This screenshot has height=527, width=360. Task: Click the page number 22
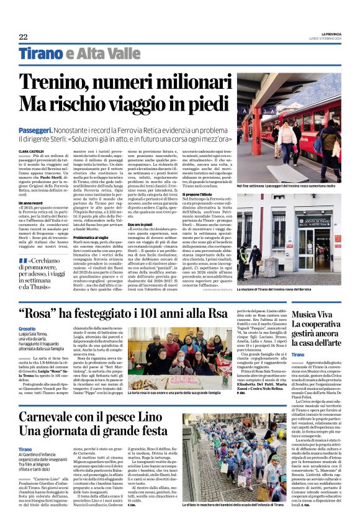[23, 37]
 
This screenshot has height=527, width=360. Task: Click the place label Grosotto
[27, 328]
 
